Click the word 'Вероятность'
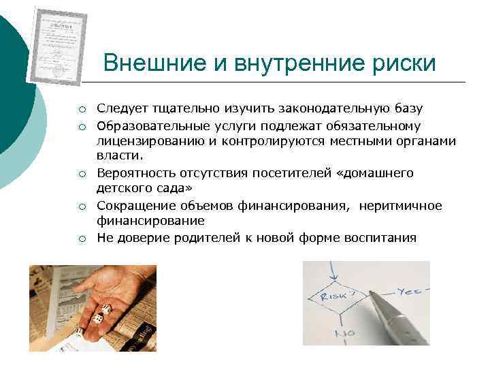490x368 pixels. (x=133, y=173)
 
